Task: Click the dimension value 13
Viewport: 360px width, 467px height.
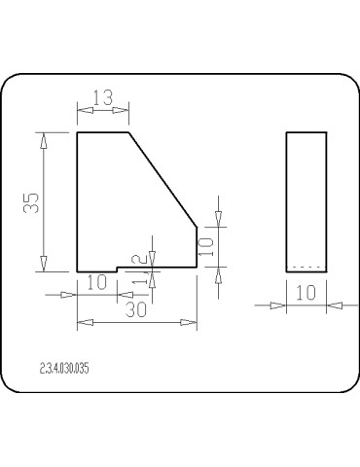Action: [x=103, y=97]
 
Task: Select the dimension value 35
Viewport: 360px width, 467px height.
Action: [x=31, y=203]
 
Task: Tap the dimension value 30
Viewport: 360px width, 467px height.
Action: [x=136, y=309]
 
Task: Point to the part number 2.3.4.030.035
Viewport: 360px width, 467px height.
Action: [x=64, y=369]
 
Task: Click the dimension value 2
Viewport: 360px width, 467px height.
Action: [x=139, y=259]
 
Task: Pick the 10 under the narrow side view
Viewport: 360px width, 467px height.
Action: [x=306, y=293]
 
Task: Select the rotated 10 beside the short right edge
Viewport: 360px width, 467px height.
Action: [x=205, y=247]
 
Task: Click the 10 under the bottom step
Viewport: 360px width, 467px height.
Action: [x=97, y=282]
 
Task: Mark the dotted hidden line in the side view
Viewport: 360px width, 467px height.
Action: [x=306, y=268]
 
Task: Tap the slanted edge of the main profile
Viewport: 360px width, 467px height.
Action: [x=162, y=180]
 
